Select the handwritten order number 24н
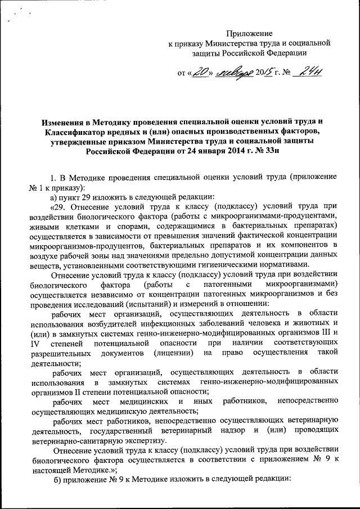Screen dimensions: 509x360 [x=307, y=71]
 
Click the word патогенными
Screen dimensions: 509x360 [x=212, y=285]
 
